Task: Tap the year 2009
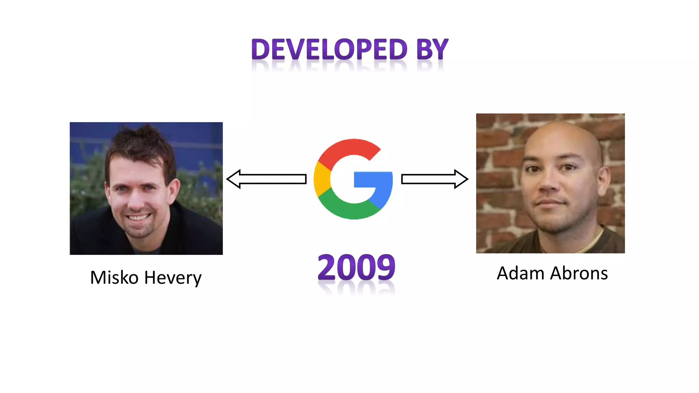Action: click(x=356, y=267)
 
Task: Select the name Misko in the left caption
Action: click(x=114, y=278)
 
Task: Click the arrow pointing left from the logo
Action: click(x=266, y=179)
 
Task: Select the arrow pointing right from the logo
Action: click(x=434, y=179)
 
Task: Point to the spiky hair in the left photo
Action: click(x=143, y=140)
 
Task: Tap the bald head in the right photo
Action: click(x=560, y=136)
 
